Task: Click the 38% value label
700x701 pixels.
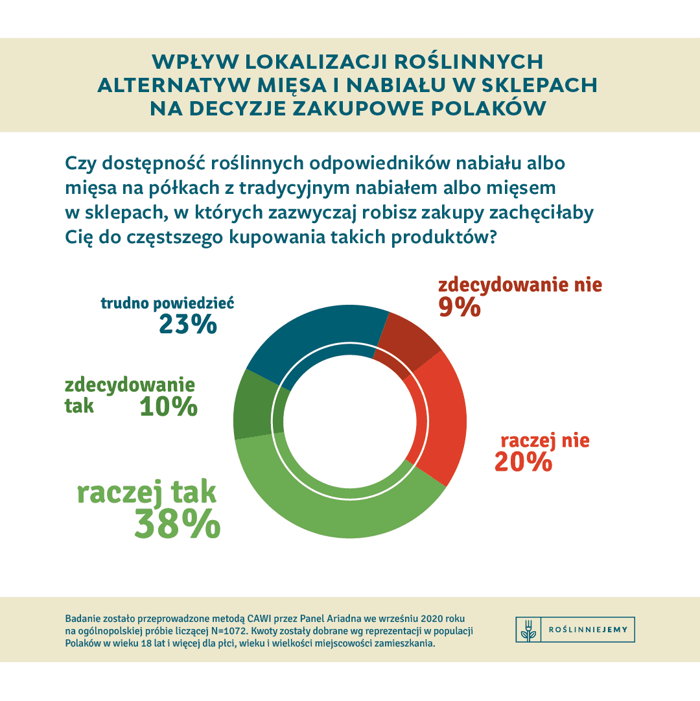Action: click(x=177, y=524)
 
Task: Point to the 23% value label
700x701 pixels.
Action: click(x=187, y=324)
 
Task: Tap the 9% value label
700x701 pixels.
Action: click(x=459, y=306)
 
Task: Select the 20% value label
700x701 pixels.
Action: click(x=522, y=462)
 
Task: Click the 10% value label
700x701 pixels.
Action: click(x=168, y=407)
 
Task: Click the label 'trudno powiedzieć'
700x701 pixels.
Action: click(x=167, y=303)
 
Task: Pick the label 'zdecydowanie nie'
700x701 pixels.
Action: click(x=520, y=285)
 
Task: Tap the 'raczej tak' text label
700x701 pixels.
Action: click(x=146, y=492)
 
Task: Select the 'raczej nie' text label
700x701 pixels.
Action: click(x=544, y=441)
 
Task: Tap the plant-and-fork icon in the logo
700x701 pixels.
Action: click(x=528, y=630)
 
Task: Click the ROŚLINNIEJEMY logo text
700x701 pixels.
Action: click(x=587, y=630)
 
